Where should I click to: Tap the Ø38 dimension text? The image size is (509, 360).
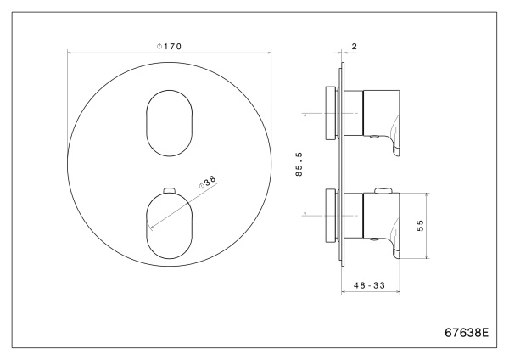tap(206, 183)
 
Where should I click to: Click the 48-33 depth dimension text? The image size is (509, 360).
tap(368, 286)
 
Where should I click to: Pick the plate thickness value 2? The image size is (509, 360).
tap(353, 48)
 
